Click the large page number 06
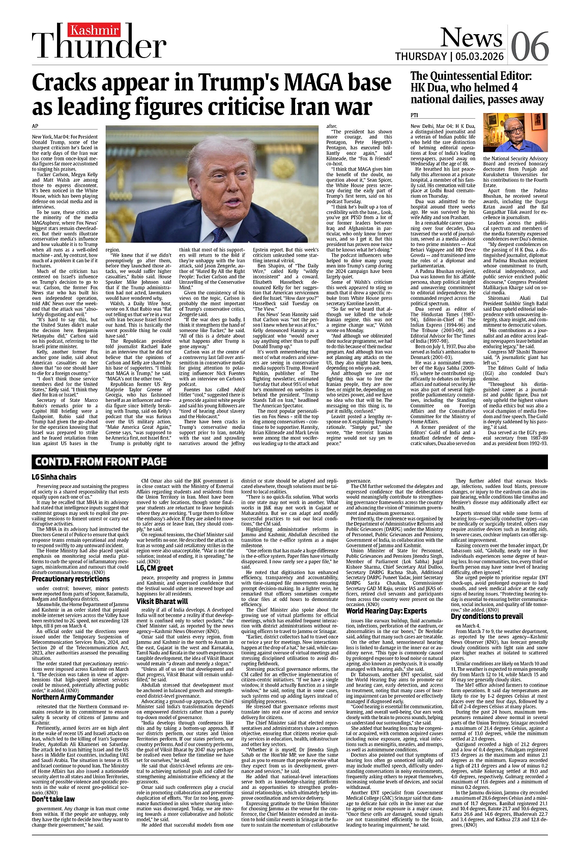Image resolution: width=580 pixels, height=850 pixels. pos(530,47)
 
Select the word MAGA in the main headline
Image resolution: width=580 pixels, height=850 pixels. pos(316,84)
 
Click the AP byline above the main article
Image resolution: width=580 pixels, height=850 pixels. pos(36,126)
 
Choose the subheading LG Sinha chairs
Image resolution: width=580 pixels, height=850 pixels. pos(54,477)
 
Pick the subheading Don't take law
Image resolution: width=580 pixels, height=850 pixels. pos(53,799)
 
